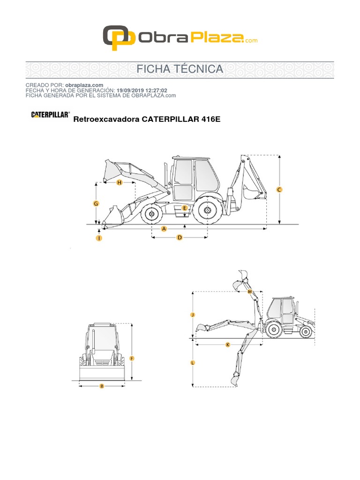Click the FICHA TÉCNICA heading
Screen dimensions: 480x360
point(180,69)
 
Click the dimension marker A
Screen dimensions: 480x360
point(164,229)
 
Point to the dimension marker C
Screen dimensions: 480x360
point(279,190)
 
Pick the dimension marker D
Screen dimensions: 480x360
point(179,238)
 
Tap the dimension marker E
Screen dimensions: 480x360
point(185,208)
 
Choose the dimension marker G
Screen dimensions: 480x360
point(96,203)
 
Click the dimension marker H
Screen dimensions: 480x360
point(119,182)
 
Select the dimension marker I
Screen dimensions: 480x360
point(99,238)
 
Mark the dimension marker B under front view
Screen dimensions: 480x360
point(102,386)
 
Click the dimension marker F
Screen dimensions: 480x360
point(132,359)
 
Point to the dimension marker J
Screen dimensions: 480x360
point(193,315)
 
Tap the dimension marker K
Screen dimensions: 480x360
point(228,345)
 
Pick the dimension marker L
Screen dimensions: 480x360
point(193,363)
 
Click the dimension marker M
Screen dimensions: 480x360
point(250,292)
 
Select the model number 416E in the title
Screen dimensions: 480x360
point(210,120)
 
